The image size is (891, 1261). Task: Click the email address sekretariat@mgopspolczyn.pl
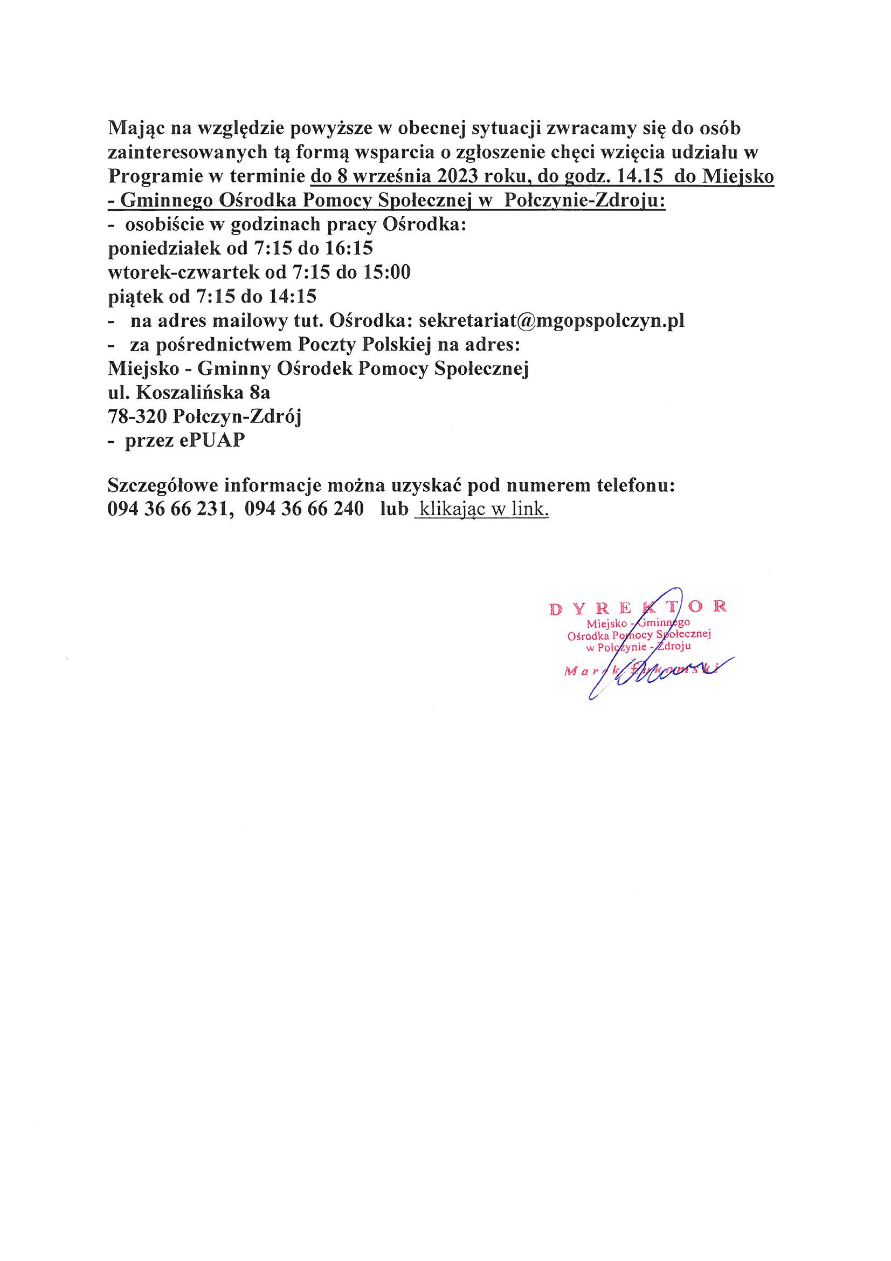pyautogui.click(x=552, y=321)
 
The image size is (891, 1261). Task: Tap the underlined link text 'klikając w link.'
pyautogui.click(x=482, y=509)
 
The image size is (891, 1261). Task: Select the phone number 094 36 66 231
pyautogui.click(x=167, y=509)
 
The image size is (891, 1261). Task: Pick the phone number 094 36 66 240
pyautogui.click(x=304, y=509)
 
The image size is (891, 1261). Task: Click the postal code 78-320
pyautogui.click(x=138, y=417)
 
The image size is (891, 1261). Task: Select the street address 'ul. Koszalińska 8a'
pyautogui.click(x=189, y=393)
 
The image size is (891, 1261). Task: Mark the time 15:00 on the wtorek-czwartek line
pyautogui.click(x=388, y=272)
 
